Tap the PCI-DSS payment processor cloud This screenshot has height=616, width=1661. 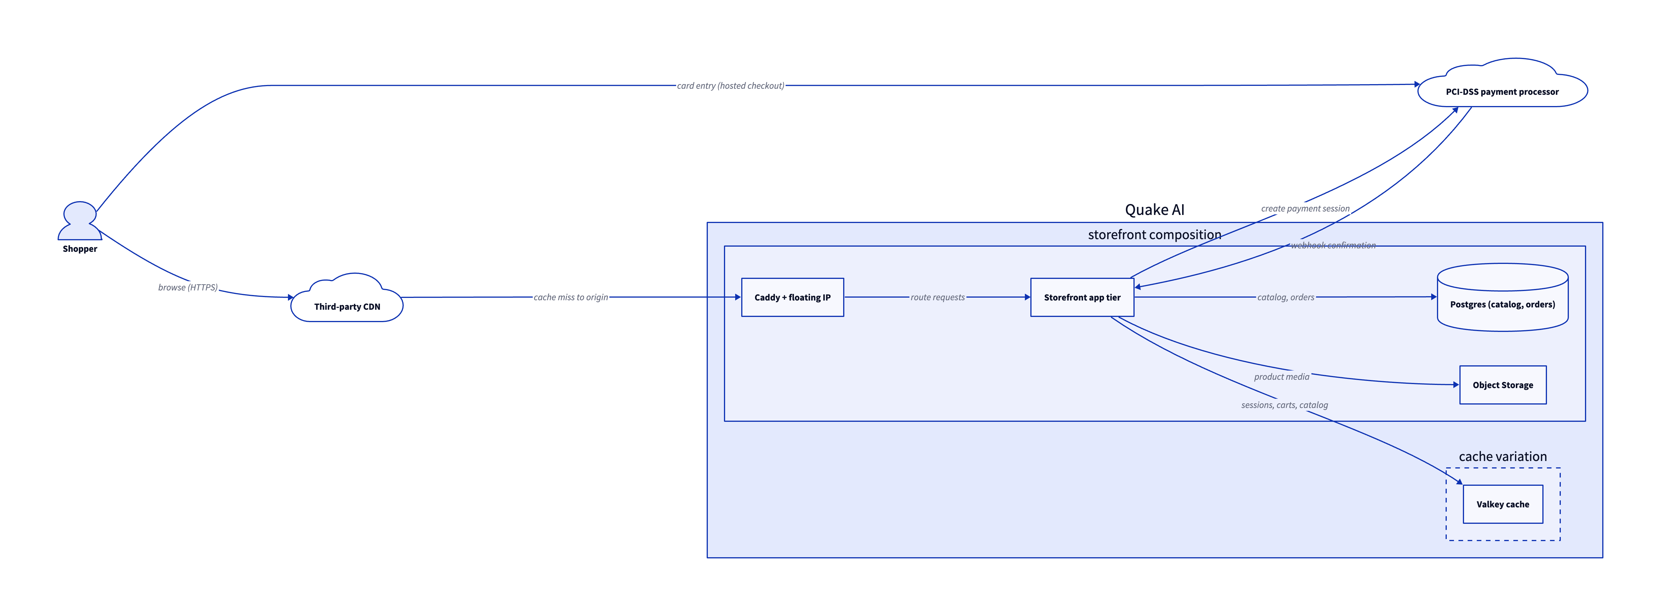pyautogui.click(x=1502, y=84)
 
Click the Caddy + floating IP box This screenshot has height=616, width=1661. pyautogui.click(x=792, y=297)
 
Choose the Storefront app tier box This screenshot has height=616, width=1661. pyautogui.click(x=1082, y=297)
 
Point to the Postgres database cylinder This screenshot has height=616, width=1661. pyautogui.click(x=1502, y=297)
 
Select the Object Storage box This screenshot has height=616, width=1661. pyautogui.click(x=1502, y=385)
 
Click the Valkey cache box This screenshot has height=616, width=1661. pyautogui.click(x=1502, y=504)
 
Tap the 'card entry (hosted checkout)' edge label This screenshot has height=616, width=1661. pyautogui.click(x=731, y=86)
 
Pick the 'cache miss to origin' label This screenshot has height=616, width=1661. pyautogui.click(x=571, y=297)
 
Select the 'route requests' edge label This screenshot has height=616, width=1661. pyautogui.click(x=938, y=297)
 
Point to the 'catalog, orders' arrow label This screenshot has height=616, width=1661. pyautogui.click(x=1286, y=297)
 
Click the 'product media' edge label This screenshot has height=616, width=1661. pyautogui.click(x=1282, y=377)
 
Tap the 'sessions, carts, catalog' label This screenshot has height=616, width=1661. pyautogui.click(x=1284, y=405)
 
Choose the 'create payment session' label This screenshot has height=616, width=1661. pyautogui.click(x=1305, y=208)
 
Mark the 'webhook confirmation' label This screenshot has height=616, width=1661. pyautogui.click(x=1333, y=245)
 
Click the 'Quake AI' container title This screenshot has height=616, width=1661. pyautogui.click(x=1154, y=210)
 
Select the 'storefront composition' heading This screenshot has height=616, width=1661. pyautogui.click(x=1154, y=235)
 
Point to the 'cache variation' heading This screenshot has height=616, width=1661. pyautogui.click(x=1502, y=457)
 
